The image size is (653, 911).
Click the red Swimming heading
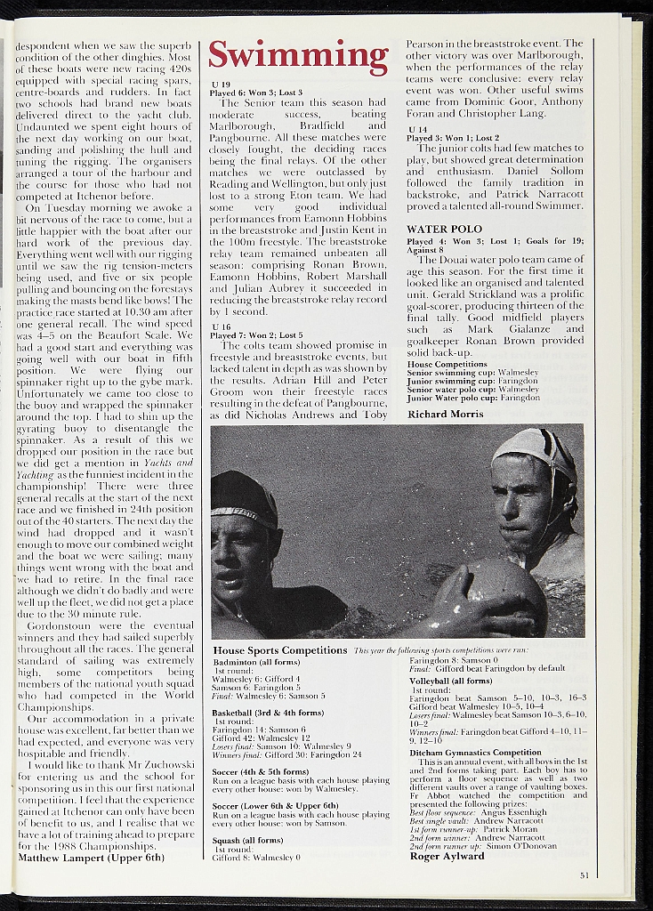[298, 57]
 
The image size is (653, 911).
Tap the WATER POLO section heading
[444, 229]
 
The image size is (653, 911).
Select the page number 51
[584, 875]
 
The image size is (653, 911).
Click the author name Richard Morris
[446, 414]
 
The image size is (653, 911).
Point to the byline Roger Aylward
[447, 857]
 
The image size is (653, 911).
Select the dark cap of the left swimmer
[243, 498]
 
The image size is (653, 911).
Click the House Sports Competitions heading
[280, 650]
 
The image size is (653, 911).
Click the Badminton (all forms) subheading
[256, 662]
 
